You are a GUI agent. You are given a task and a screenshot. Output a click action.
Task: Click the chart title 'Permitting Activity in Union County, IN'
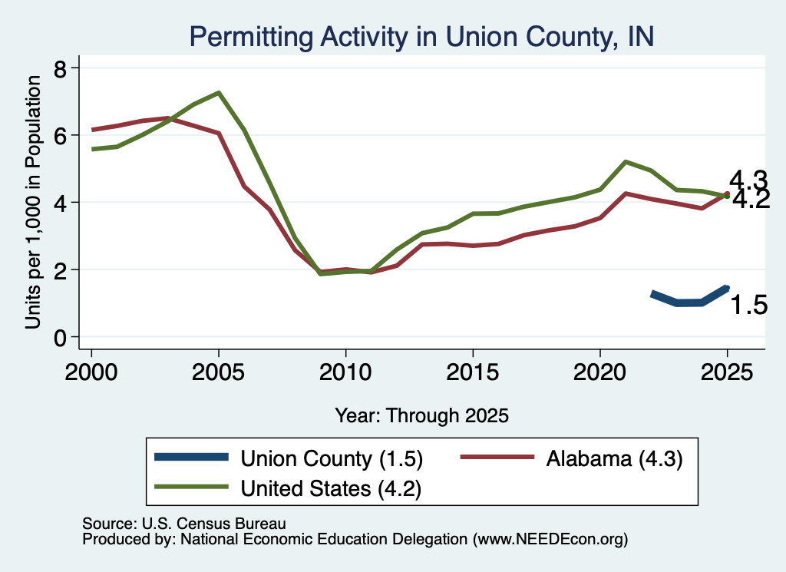coord(421,37)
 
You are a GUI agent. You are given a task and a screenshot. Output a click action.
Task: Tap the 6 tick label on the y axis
coord(60,136)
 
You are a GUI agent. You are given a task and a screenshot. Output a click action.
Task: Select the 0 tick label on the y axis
coord(60,339)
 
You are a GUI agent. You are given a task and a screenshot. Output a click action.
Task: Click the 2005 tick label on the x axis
coord(218,372)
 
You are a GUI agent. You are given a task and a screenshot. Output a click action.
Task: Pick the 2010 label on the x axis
coord(345,372)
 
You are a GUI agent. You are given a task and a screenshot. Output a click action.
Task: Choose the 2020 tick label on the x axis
coord(599,372)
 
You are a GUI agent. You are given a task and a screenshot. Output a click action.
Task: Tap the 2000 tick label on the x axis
coord(91,372)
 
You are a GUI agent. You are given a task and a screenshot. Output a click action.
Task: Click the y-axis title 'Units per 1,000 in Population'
coord(33,202)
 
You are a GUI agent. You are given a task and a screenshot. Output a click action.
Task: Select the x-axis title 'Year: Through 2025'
coord(421,416)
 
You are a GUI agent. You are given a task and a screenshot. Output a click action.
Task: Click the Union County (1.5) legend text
coord(332,458)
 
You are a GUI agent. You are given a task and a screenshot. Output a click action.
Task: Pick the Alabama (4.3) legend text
coord(614,458)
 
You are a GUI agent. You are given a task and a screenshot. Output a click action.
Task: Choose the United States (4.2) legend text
coord(331,489)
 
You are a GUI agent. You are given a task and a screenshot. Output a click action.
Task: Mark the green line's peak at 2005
coord(219,93)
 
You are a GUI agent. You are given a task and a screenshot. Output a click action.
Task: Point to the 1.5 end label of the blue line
coord(749,306)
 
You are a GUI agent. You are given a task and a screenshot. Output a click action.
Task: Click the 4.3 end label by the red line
coord(748,180)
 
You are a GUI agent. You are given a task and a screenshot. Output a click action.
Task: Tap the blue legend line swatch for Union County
coord(191,457)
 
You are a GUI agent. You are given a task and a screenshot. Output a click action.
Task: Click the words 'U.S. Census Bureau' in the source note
coord(214,524)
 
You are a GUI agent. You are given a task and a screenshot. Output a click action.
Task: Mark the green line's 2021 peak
coord(625,162)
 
